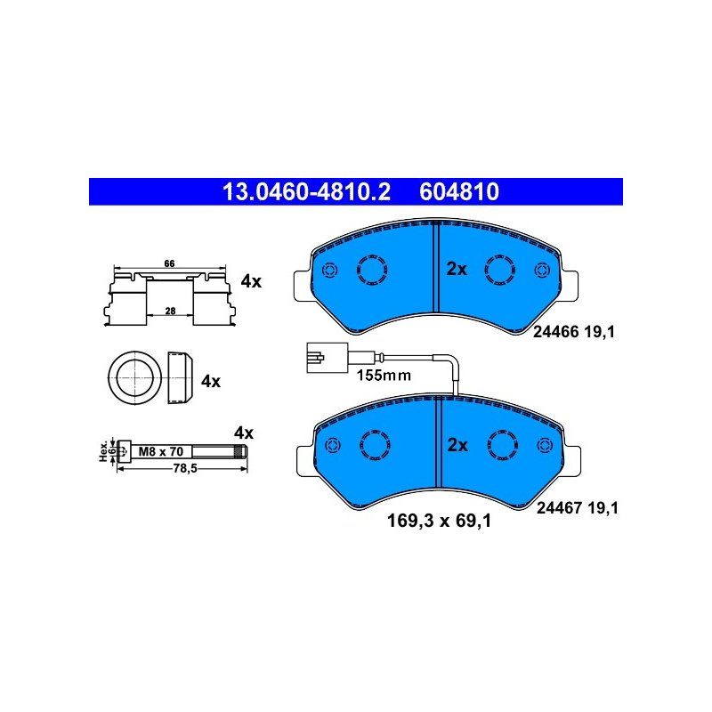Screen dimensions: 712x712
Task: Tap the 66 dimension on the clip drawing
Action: coord(168,264)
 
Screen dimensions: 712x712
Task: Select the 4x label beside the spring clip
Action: coord(251,282)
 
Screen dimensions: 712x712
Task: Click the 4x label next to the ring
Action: coord(210,381)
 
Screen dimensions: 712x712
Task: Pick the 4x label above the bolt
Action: coord(243,433)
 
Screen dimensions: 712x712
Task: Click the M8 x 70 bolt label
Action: coord(161,452)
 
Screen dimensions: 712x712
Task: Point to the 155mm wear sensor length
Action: coord(384,376)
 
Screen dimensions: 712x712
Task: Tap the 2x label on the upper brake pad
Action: coord(457,269)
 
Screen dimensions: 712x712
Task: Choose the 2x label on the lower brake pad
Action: coord(457,445)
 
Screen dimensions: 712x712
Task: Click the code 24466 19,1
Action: coord(575,332)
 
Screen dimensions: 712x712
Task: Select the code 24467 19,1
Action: coord(577,508)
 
